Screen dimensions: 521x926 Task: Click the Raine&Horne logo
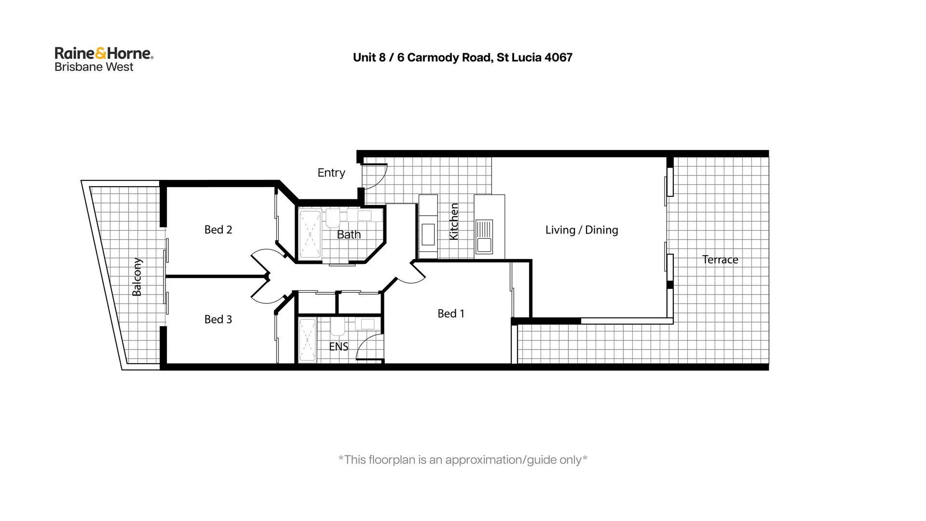coord(104,53)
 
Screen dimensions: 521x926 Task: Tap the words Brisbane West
coord(94,67)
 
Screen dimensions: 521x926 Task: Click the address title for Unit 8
coord(462,57)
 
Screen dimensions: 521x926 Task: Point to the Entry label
coord(331,173)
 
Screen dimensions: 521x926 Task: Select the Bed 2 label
coord(218,230)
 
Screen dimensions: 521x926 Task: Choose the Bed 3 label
coord(218,319)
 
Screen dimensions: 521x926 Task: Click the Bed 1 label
coord(450,314)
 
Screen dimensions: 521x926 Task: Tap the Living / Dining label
coord(581,230)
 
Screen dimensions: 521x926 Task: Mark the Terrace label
coord(720,260)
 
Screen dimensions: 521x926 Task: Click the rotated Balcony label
coord(137,277)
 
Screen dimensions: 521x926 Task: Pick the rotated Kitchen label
coord(454,221)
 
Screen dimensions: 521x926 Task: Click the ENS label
coord(338,346)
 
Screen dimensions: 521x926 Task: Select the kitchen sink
coord(484,236)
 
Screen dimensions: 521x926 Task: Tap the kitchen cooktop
coord(428,234)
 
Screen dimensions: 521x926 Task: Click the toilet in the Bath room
coord(333,218)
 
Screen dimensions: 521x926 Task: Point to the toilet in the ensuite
coord(337,327)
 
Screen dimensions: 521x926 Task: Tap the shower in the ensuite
coord(307,341)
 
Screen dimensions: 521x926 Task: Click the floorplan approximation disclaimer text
coord(462,460)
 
